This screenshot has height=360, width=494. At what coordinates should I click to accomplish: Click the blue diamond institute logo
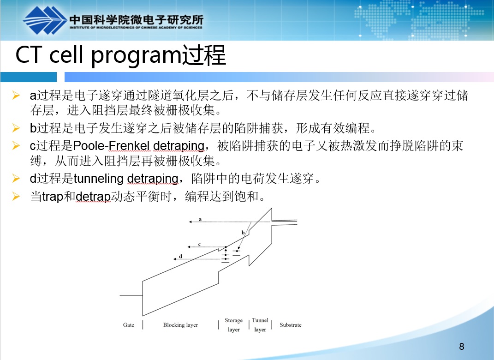pos(45,20)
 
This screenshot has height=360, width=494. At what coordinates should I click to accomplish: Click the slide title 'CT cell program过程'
pos(121,55)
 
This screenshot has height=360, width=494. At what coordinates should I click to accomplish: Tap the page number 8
pos(462,347)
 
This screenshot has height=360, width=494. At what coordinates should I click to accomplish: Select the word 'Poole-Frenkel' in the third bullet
pos(111,146)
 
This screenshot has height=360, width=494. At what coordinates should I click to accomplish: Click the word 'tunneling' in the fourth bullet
pos(99,179)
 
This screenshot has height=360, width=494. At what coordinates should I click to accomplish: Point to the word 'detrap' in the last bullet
pos(93,197)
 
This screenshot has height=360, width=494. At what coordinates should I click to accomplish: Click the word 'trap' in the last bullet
pos(53,197)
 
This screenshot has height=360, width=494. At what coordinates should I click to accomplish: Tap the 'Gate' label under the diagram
pos(129,325)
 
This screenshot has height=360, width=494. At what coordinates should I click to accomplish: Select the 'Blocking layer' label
pos(180,325)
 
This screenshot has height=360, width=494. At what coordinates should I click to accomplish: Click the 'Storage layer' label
pos(234,325)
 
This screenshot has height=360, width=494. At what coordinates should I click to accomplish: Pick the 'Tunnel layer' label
pos(260,325)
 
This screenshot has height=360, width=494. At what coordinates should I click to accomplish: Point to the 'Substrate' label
pos(291,325)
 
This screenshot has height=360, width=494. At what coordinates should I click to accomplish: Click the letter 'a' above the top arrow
pos(200,219)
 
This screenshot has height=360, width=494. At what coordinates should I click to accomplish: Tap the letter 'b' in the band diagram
pos(243,232)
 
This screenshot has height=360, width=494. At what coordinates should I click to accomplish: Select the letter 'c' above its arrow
pos(199,244)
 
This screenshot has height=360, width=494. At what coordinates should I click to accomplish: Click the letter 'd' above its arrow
pos(180,256)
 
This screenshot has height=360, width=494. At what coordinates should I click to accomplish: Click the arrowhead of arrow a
pos(190,222)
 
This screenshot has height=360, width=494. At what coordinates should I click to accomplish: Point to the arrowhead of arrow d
pos(174,259)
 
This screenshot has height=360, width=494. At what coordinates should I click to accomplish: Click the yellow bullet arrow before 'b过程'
pos(16,128)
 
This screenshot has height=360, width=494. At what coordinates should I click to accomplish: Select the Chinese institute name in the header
pos(137,19)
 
